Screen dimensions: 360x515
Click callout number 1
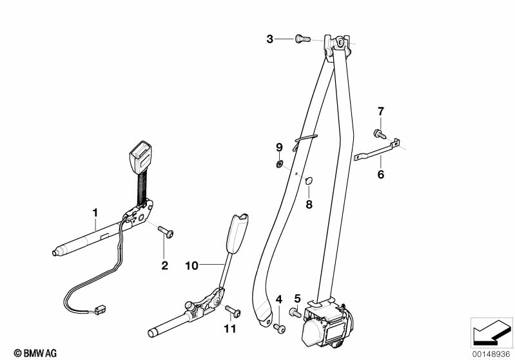(95, 211)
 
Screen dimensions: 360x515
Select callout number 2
(164, 266)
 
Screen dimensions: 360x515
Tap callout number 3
(270, 39)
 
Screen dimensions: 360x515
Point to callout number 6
(380, 175)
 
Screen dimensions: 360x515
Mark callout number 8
(309, 205)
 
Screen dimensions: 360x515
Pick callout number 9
(280, 147)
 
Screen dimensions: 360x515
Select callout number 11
(230, 329)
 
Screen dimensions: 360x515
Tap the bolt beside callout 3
(301, 39)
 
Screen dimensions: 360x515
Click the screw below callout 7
(379, 135)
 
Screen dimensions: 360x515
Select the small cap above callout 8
(308, 181)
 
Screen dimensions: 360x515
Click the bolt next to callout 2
(166, 232)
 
